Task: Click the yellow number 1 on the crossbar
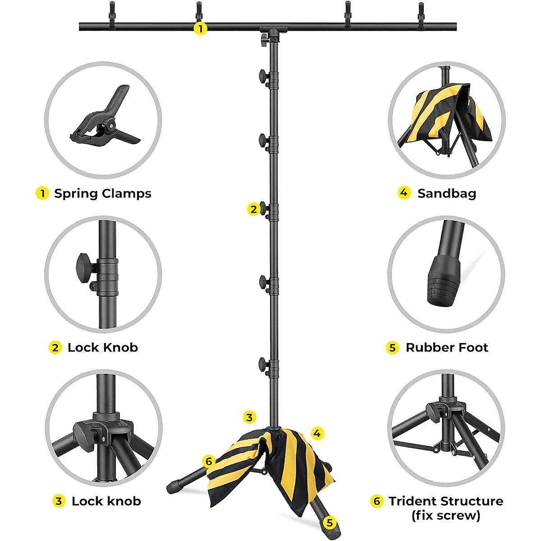(200, 28)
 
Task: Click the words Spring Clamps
(102, 193)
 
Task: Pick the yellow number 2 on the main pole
(254, 209)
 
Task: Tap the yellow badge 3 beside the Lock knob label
(58, 501)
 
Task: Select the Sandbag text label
(446, 193)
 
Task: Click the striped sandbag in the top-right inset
(444, 115)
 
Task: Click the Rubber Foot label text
(447, 348)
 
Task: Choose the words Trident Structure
(445, 501)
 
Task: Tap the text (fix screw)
(445, 515)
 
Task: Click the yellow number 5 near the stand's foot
(330, 523)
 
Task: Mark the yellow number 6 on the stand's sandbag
(208, 461)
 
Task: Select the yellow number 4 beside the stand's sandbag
(317, 433)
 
